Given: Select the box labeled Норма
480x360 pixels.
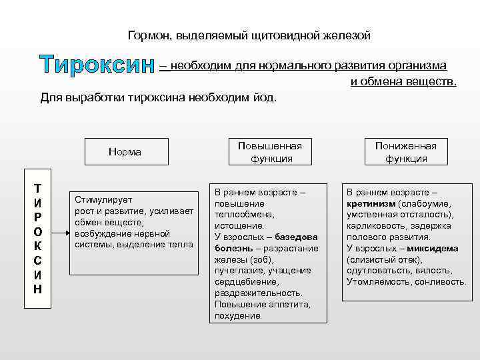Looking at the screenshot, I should [125, 152].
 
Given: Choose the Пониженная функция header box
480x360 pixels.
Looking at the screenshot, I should [405, 152].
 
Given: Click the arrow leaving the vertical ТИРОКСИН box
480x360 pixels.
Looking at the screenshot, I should [59, 233].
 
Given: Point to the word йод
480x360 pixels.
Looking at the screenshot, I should [263, 97].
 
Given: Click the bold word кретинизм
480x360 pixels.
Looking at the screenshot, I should [371, 203].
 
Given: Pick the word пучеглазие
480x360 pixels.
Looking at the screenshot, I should [239, 271].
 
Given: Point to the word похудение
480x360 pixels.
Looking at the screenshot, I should [238, 316].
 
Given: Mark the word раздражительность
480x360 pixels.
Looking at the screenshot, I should [258, 293].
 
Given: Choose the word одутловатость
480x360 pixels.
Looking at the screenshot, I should [378, 271].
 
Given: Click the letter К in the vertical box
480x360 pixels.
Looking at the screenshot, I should [37, 246].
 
